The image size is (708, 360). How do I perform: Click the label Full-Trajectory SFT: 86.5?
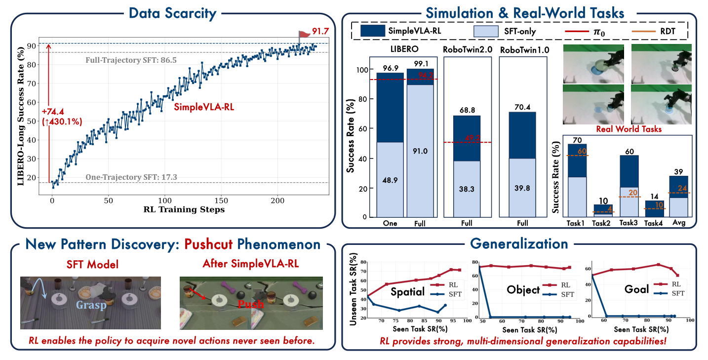[x=131, y=60]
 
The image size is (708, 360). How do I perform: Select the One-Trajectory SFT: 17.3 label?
[x=131, y=177]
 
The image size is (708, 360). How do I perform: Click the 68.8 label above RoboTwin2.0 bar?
[x=467, y=108]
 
